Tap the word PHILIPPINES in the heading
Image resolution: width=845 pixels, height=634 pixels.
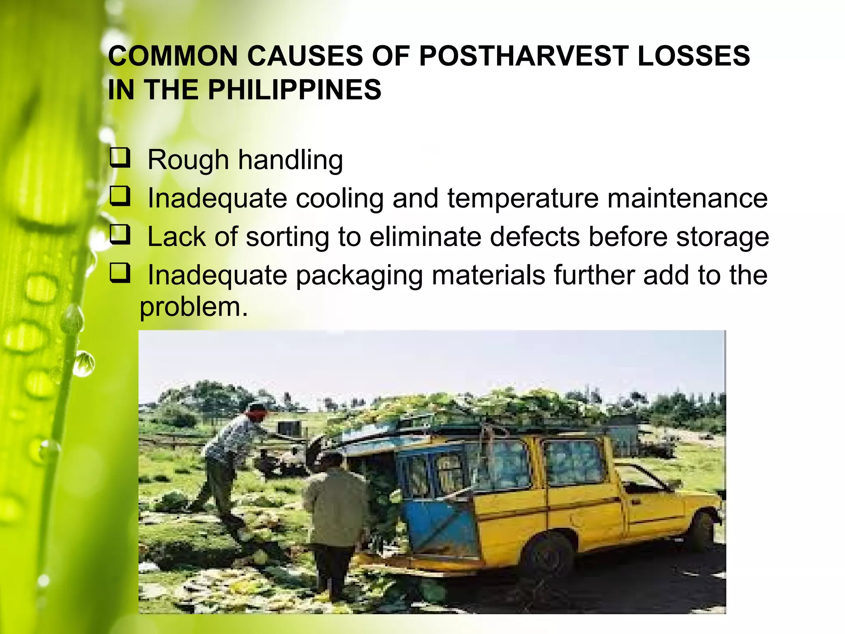(294, 90)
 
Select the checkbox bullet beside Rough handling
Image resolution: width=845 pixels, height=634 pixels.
(120, 158)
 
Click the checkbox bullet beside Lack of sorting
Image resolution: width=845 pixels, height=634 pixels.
(120, 235)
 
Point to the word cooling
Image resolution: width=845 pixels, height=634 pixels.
(340, 198)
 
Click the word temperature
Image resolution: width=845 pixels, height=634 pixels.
(523, 198)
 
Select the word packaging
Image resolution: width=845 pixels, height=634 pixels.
(359, 276)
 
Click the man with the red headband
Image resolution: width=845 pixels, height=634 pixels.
(231, 454)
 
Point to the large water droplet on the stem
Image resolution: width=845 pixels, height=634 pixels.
(84, 364)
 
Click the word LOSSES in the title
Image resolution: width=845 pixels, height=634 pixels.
(694, 56)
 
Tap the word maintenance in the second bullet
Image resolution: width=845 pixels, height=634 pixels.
(687, 198)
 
